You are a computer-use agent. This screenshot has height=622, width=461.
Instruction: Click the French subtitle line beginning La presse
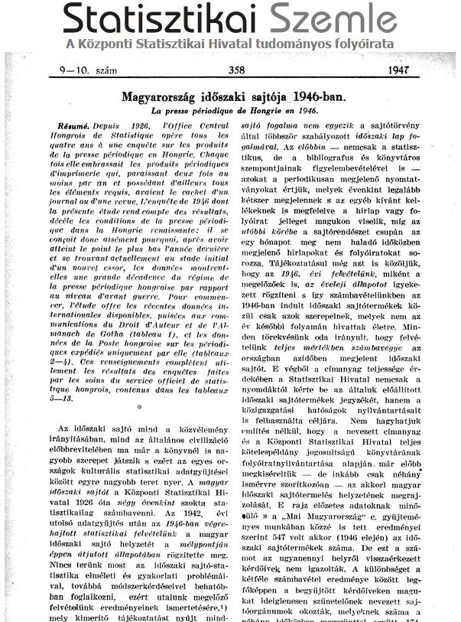(233, 112)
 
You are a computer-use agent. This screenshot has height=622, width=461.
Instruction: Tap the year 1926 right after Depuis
(140, 125)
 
